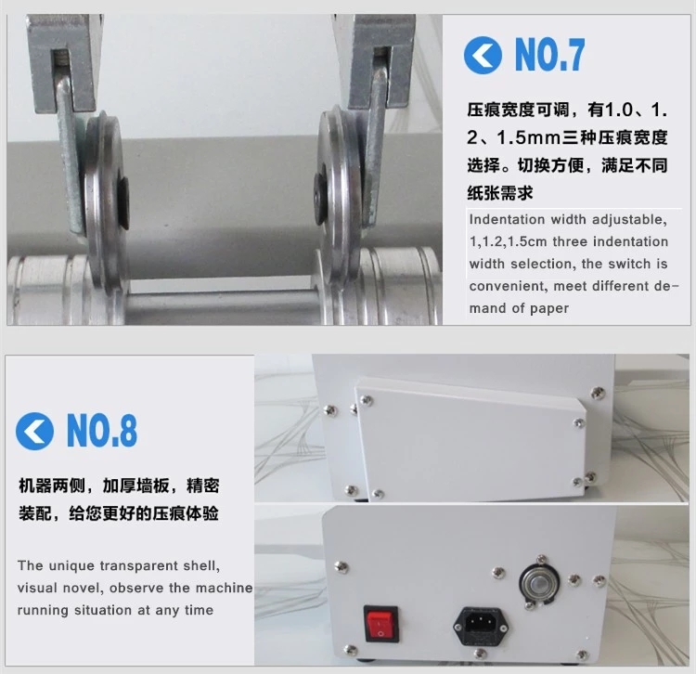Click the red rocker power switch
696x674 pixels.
click(x=379, y=622)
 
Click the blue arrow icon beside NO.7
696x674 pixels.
click(x=483, y=57)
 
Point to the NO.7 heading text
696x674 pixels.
click(x=550, y=57)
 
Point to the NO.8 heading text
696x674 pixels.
click(x=102, y=432)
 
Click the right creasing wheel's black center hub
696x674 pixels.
click(x=322, y=192)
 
